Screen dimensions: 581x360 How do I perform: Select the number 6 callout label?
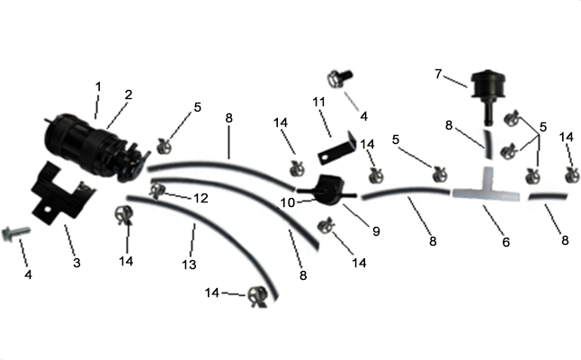point(505,242)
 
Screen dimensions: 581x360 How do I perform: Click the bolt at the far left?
point(14,234)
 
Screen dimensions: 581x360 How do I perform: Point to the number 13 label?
point(189,265)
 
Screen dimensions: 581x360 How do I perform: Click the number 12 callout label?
point(201,198)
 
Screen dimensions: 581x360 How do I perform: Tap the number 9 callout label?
point(376,231)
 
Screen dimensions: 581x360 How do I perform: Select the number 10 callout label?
point(287,202)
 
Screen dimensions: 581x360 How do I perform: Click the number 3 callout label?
point(76,263)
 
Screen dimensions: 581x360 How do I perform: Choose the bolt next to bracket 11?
point(339,78)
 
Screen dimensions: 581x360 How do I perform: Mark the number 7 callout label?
point(438,74)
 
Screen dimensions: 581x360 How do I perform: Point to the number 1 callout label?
point(98,86)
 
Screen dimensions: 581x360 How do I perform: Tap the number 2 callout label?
point(129,94)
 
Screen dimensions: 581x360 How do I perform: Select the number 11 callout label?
point(318,102)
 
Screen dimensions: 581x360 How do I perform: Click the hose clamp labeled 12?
point(156,191)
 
